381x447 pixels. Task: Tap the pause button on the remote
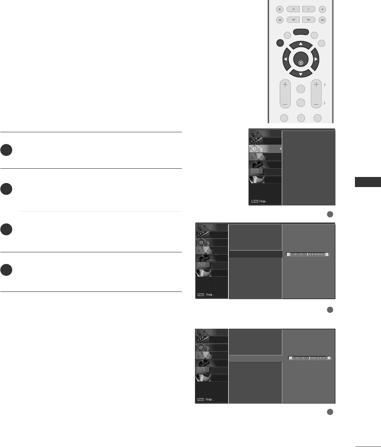tap(309, 9)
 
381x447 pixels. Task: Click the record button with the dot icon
tap(322, 9)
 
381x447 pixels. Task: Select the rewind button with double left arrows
tap(293, 20)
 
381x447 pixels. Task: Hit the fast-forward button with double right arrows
tap(309, 20)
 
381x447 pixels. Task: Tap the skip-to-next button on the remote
tap(322, 20)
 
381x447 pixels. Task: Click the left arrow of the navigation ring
tap(286, 59)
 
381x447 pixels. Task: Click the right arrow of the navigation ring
tap(316, 59)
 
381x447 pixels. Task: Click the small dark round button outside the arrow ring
tap(280, 43)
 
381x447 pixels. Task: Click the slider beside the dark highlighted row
tap(307, 254)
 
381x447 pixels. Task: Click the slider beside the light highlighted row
tap(310, 358)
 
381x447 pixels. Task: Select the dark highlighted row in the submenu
tap(255, 254)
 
